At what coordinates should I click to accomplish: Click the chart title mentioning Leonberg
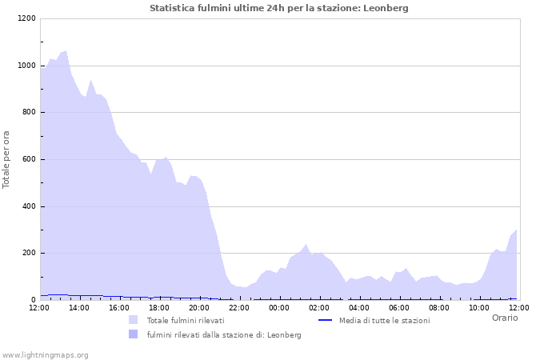(x=279, y=8)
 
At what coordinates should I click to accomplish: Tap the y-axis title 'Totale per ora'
(x=7, y=159)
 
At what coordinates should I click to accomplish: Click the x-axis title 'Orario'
(x=504, y=318)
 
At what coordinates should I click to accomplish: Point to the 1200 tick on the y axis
(x=26, y=18)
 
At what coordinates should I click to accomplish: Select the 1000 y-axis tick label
(x=26, y=66)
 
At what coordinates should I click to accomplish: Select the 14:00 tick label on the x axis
(x=79, y=307)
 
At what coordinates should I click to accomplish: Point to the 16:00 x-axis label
(x=119, y=307)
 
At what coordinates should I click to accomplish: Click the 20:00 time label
(x=199, y=307)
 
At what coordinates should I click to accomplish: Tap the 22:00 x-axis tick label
(x=239, y=307)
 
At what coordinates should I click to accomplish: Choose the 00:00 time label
(x=279, y=307)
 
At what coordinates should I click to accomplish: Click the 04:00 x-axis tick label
(x=359, y=307)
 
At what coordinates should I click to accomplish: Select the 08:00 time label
(x=439, y=307)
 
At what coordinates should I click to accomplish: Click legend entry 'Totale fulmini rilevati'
(x=185, y=320)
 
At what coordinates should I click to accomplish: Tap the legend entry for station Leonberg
(x=223, y=334)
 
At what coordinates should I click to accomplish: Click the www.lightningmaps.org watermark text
(x=45, y=354)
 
